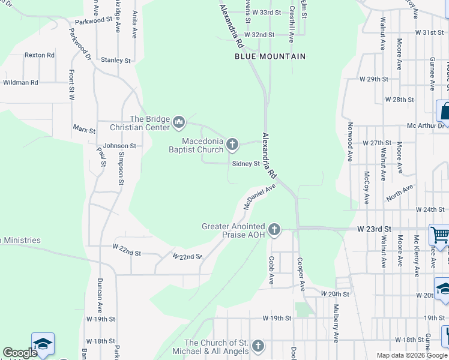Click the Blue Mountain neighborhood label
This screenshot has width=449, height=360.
click(270, 56)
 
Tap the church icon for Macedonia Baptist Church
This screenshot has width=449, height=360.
click(233, 145)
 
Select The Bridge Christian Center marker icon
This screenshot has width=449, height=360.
click(178, 123)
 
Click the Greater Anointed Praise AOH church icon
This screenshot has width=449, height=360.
click(274, 229)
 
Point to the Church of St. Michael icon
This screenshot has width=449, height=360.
click(258, 346)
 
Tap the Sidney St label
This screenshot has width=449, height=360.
click(246, 163)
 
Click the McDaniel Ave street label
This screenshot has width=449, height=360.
click(259, 197)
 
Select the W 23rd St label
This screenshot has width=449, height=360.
click(374, 229)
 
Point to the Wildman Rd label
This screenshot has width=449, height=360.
click(21, 82)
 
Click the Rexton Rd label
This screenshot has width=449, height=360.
click(40, 55)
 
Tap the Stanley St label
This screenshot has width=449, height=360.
click(116, 61)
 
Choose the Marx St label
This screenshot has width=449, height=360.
click(84, 130)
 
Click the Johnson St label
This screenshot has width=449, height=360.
click(119, 146)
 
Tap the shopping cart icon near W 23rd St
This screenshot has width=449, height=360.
click(439, 234)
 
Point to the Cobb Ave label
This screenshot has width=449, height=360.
click(271, 271)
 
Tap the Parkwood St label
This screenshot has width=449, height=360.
click(94, 20)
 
